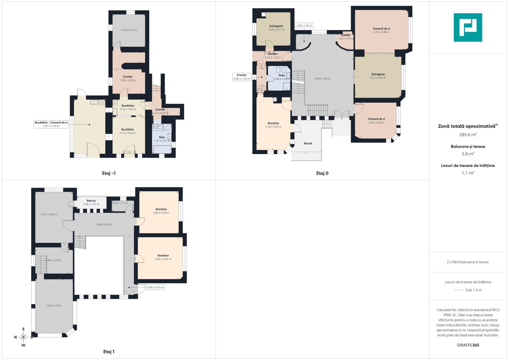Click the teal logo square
[x=468, y=27]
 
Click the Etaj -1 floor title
[x=109, y=173]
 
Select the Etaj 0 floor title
[x=322, y=173]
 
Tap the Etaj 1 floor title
[x=109, y=352]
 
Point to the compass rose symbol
[x=23, y=337]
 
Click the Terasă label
[x=308, y=143]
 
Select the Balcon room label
[x=91, y=201]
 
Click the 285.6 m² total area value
[x=468, y=135]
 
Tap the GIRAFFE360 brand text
[x=468, y=345]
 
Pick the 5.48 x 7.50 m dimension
[x=322, y=79]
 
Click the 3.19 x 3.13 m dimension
[x=129, y=30]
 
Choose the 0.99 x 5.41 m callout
[x=155, y=287]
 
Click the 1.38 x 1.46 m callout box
[x=304, y=26]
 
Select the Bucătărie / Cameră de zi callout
[x=51, y=124]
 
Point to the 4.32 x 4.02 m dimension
[x=163, y=259]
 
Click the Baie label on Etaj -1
[x=162, y=137]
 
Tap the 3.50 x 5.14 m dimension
[x=54, y=305]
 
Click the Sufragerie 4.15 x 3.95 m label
[x=378, y=76]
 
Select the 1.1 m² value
[x=468, y=173]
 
